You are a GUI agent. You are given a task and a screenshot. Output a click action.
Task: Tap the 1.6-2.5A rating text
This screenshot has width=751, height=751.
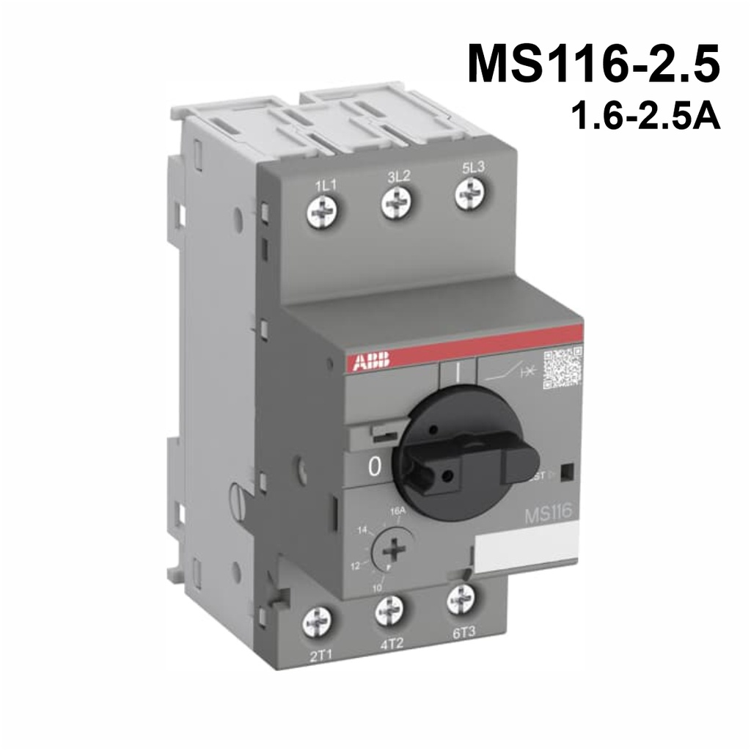(x=645, y=117)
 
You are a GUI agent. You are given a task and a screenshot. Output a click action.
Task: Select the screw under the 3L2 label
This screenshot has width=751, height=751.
(x=397, y=201)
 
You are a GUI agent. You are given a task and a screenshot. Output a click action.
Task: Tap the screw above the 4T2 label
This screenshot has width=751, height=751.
(x=389, y=610)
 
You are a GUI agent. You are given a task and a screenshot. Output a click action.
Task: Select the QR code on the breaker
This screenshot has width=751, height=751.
(x=562, y=369)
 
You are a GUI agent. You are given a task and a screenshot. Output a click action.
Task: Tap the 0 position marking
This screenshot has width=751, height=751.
(x=375, y=468)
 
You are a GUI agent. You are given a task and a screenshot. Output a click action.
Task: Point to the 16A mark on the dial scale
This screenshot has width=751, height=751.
(x=397, y=510)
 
